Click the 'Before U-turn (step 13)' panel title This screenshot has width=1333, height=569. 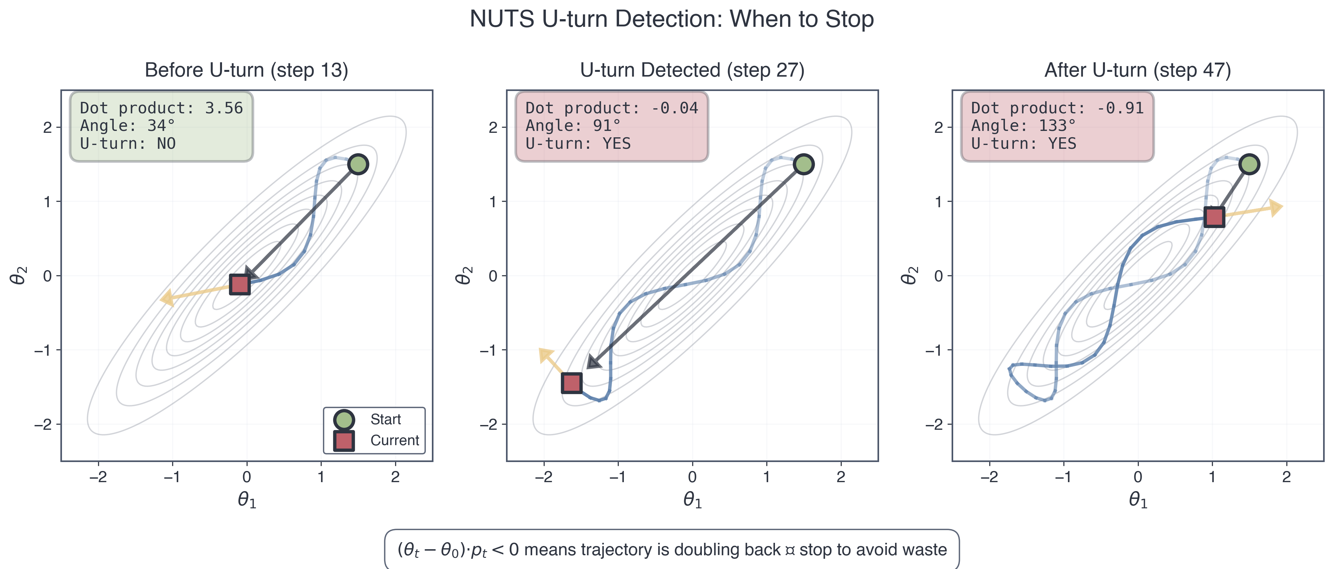click(246, 70)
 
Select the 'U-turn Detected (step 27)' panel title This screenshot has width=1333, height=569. click(692, 70)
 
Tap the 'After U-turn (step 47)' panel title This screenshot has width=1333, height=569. click(1138, 70)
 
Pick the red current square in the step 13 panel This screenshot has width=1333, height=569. click(240, 284)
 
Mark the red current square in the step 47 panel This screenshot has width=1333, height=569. click(1214, 217)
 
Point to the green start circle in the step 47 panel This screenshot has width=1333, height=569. click(1249, 164)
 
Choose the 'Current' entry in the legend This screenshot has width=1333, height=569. click(394, 441)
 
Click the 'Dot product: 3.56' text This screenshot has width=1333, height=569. click(161, 108)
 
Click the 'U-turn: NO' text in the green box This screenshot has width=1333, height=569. click(128, 144)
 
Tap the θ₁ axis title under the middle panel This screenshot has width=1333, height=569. click(692, 500)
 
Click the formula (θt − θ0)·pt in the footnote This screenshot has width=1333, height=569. click(442, 550)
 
